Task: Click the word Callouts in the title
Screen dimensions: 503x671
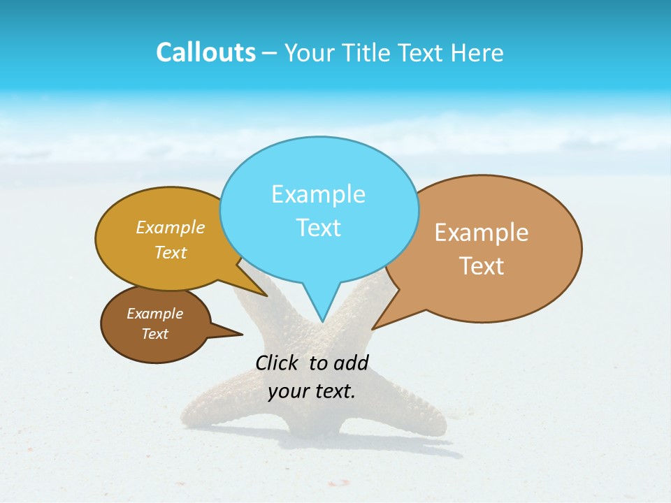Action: [205, 53]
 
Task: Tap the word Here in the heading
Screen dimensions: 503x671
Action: [478, 53]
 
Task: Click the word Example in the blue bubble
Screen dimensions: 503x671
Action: [318, 194]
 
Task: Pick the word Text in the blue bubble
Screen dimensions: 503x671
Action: [318, 228]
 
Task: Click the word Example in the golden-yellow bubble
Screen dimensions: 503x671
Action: [171, 227]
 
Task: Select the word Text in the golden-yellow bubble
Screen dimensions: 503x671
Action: [171, 252]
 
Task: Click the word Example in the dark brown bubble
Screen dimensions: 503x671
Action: [154, 314]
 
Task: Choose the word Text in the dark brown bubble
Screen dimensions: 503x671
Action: [154, 334]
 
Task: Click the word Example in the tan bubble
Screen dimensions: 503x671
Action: [482, 233]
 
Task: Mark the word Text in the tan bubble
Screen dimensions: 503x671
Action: [482, 266]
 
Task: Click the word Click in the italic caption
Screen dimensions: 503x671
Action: [278, 363]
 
